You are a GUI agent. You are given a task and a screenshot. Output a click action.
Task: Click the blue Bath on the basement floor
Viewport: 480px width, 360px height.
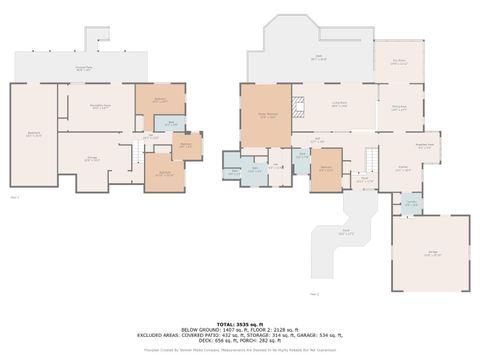point(171,125)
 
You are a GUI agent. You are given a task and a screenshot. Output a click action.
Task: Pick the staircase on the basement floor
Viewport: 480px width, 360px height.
point(138,154)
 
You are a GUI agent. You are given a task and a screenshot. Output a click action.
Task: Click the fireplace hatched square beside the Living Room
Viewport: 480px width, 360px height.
point(297,102)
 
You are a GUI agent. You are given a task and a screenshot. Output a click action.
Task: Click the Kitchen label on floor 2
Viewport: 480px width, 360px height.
point(402,170)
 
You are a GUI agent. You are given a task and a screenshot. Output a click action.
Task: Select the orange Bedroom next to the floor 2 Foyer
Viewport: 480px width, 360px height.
point(326,171)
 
